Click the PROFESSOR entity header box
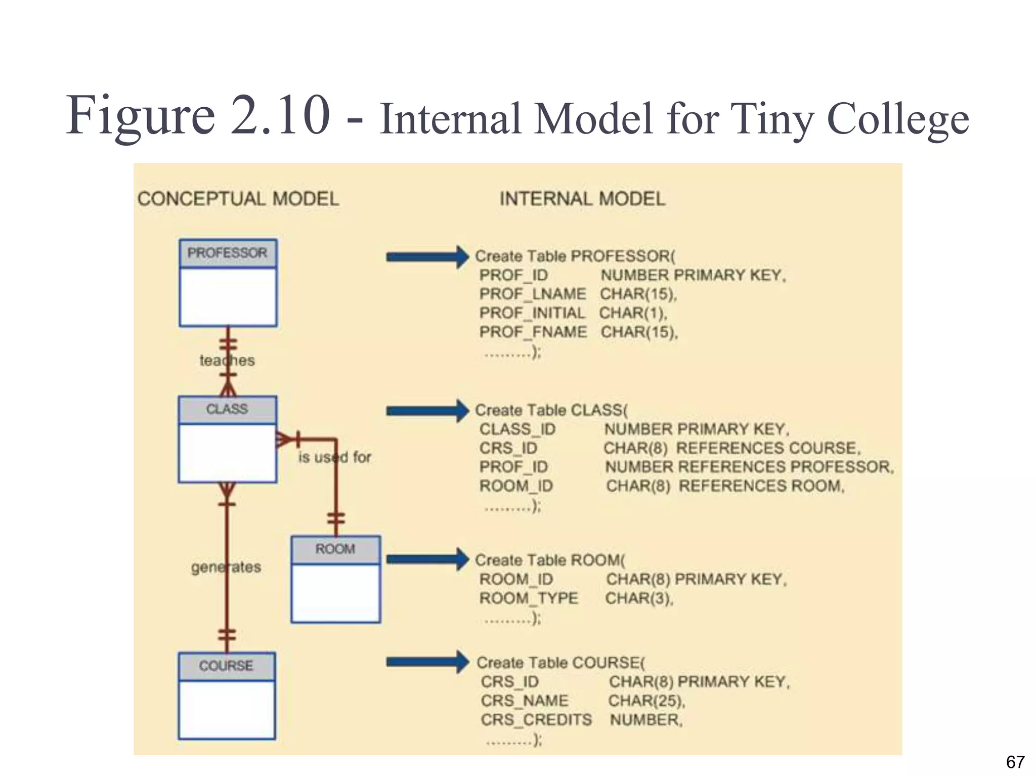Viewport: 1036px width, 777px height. tap(228, 253)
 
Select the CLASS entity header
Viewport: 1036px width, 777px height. tap(227, 409)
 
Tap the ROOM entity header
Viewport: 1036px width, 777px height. tap(335, 549)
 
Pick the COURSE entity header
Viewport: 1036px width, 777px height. tap(226, 666)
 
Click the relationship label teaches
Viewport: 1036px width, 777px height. tap(227, 361)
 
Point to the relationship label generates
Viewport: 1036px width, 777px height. tap(226, 567)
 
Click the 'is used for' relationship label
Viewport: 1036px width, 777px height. tap(334, 457)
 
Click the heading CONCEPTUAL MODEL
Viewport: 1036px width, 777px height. tap(238, 199)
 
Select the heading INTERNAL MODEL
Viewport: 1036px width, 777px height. tap(582, 199)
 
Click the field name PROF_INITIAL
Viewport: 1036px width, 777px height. tap(532, 313)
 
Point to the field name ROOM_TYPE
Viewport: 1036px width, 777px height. tap(529, 598)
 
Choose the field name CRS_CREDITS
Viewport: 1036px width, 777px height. tap(536, 720)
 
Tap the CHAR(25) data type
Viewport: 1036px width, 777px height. tap(646, 701)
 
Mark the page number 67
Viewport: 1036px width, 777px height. tap(1015, 762)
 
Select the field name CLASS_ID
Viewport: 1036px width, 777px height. tap(517, 429)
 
